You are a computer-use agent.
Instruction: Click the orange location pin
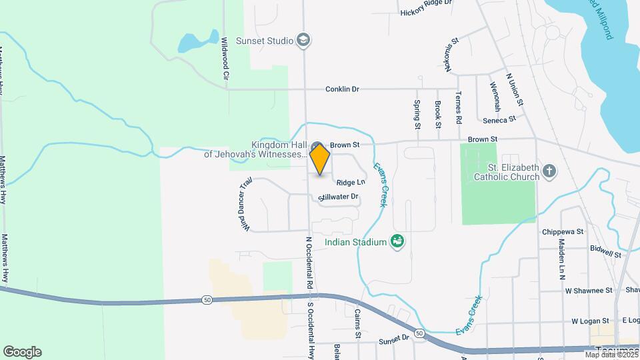tap(320, 159)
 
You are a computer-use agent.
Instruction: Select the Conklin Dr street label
tap(342, 89)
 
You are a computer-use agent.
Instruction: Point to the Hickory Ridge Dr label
tap(426, 12)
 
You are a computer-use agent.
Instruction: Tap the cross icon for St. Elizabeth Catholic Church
tap(549, 172)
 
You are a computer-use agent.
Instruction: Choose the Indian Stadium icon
tap(398, 241)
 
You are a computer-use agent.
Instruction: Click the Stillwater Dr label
tap(339, 197)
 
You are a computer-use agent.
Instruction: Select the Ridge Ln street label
tap(351, 182)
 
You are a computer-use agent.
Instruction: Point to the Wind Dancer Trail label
tap(244, 204)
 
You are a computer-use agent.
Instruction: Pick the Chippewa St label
tap(562, 231)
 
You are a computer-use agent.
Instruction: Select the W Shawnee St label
tap(588, 290)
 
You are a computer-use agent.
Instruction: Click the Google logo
tap(22, 351)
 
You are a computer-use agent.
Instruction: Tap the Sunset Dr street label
tap(394, 338)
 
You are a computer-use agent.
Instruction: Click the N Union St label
tap(514, 90)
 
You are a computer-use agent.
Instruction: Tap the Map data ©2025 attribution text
tap(609, 355)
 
